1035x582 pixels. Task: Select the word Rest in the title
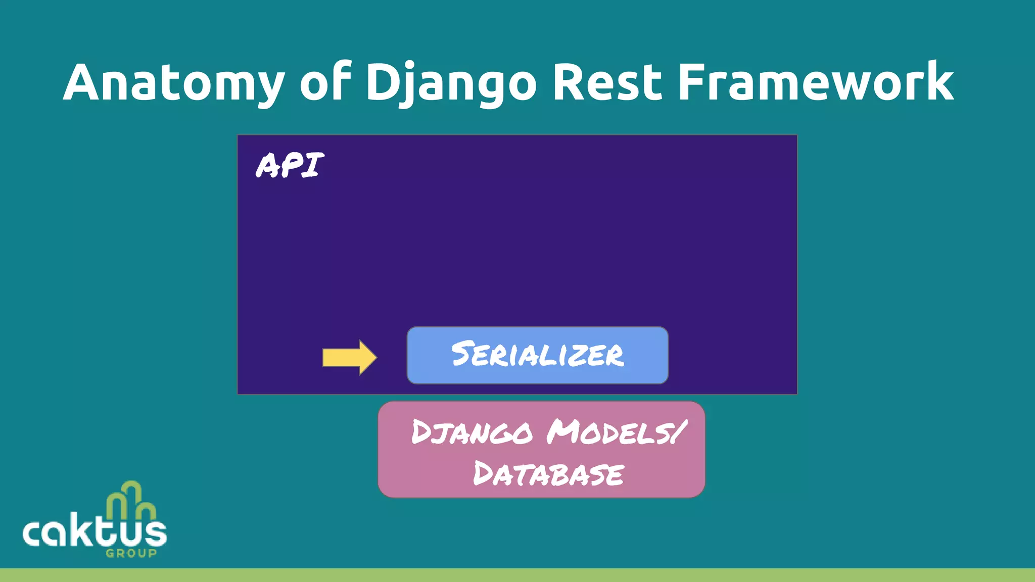click(x=607, y=82)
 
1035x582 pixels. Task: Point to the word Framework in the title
click(x=815, y=82)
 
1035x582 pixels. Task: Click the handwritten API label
click(x=290, y=165)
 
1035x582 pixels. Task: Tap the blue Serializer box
click(x=537, y=355)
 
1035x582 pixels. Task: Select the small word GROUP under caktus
click(x=131, y=553)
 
